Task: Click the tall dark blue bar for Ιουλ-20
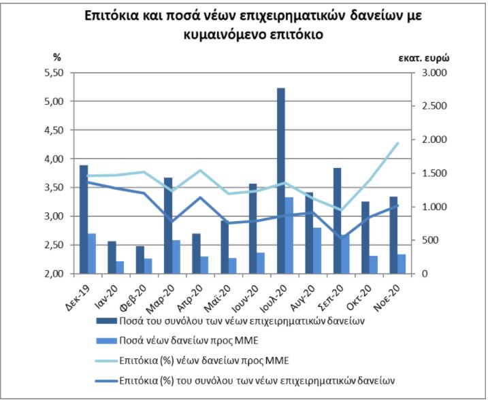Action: click(281, 180)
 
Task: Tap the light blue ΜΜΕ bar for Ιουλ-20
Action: click(289, 235)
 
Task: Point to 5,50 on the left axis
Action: click(54, 73)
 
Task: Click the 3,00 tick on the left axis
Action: click(54, 216)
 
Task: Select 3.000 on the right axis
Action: click(435, 73)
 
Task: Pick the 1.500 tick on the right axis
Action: click(435, 173)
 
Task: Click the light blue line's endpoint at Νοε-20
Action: click(398, 143)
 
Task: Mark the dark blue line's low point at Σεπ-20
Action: click(342, 238)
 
